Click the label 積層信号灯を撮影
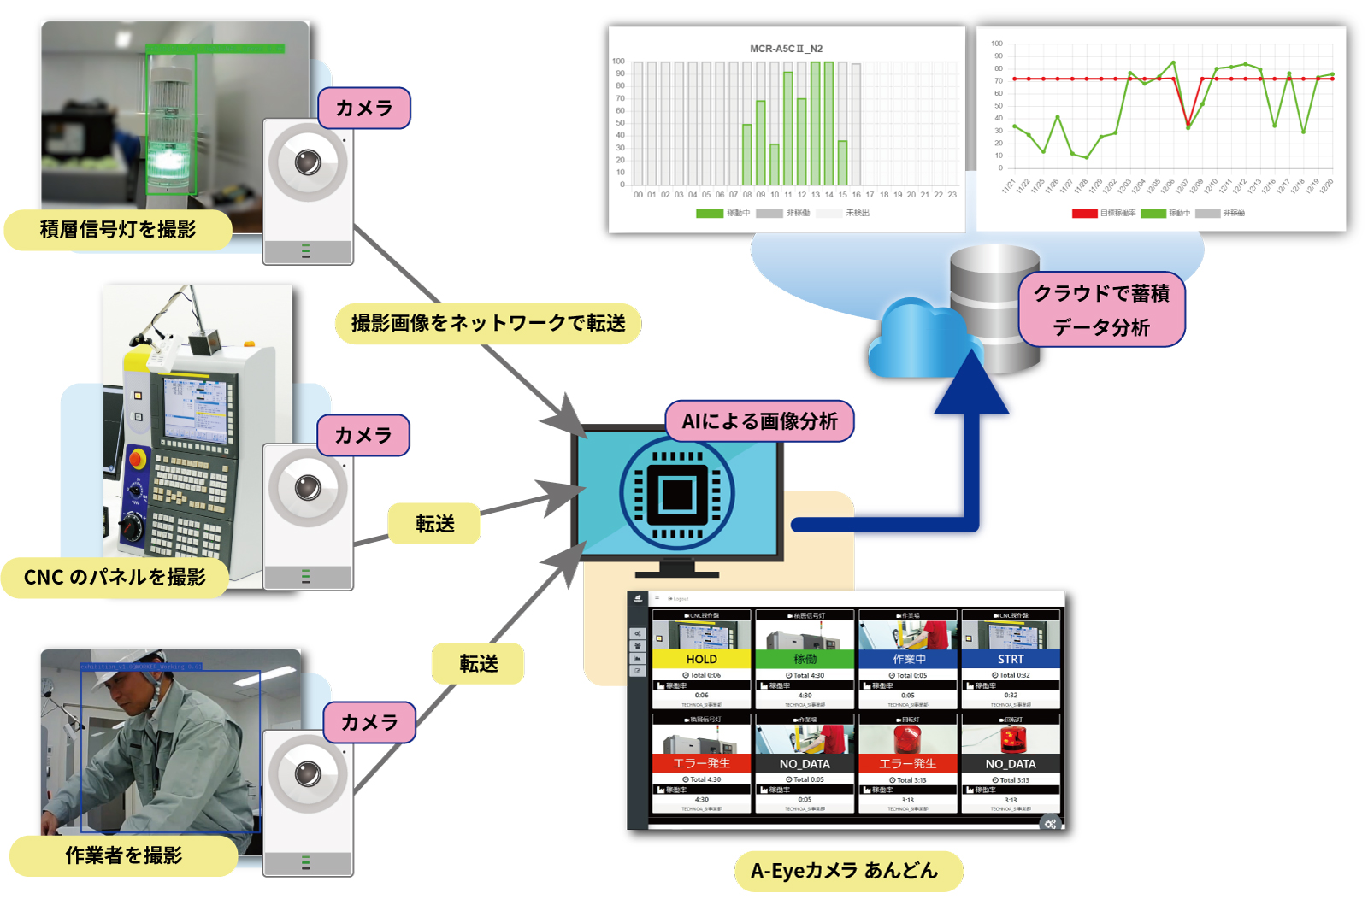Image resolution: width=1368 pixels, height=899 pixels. coord(118,230)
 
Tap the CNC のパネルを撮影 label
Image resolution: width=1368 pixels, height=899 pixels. coord(115,578)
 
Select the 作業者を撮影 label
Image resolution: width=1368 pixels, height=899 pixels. coord(123,855)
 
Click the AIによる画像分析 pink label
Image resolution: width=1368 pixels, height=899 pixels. coord(759,421)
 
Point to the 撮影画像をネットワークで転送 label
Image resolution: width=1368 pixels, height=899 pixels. coord(488,323)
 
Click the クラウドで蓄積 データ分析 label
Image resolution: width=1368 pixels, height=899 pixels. coord(1101,309)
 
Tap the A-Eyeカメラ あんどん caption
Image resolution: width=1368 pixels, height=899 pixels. coord(844,871)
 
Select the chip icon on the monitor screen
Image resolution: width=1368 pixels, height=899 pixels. coord(677,494)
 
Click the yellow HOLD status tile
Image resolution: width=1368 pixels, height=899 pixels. coord(701,659)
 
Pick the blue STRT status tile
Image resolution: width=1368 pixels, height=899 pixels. coord(1011,659)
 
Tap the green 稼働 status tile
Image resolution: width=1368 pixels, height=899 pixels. coord(805,659)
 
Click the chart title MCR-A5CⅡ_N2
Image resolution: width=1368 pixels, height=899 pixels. coord(786,49)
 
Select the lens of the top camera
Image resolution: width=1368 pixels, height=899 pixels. coord(308,162)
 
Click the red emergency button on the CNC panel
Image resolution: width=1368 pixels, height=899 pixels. coord(137,460)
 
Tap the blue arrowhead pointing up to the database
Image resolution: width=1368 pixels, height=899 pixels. coord(971,385)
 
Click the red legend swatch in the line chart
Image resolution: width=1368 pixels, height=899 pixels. coord(1084,214)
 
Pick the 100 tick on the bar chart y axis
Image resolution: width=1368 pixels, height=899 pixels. coord(618,62)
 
